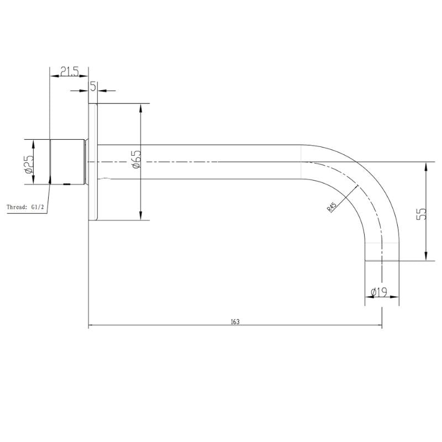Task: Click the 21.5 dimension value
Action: pyautogui.click(x=70, y=71)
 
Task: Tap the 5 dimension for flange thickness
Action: pyautogui.click(x=93, y=87)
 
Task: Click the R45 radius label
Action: pyautogui.click(x=331, y=207)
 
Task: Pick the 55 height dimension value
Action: pyautogui.click(x=422, y=214)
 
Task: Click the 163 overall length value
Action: pyautogui.click(x=235, y=322)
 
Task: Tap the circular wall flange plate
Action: pyautogui.click(x=93, y=162)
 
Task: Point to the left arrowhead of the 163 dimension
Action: pyautogui.click(x=92, y=325)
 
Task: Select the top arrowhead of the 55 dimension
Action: pyautogui.click(x=425, y=166)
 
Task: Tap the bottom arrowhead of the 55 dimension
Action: pyautogui.click(x=425, y=256)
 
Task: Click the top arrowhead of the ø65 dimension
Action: pyautogui.click(x=141, y=108)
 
